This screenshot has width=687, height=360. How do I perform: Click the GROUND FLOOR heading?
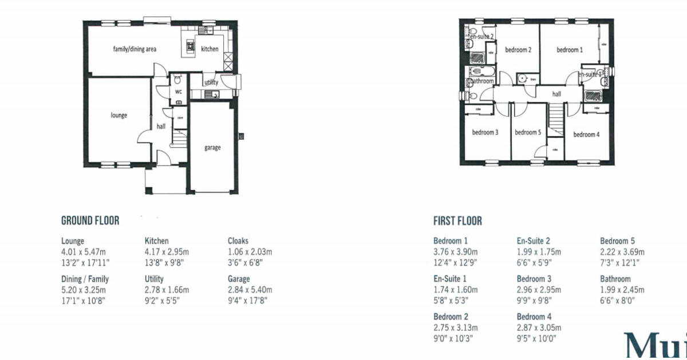(x=90, y=220)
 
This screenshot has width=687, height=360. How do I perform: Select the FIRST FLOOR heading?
(x=457, y=221)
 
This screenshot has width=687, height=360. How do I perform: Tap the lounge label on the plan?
(x=119, y=115)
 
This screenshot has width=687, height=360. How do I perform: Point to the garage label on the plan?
(x=212, y=147)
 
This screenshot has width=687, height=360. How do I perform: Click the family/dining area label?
(x=135, y=49)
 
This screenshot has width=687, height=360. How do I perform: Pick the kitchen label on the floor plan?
(x=210, y=49)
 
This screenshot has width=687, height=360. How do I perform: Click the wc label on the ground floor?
(x=179, y=92)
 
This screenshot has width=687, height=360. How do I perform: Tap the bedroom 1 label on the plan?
(x=570, y=50)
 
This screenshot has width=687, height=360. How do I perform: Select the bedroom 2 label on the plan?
(x=518, y=50)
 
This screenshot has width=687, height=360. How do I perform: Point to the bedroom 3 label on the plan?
(x=485, y=132)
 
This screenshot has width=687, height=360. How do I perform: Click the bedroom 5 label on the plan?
(x=527, y=132)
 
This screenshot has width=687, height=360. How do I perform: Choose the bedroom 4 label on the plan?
(x=586, y=134)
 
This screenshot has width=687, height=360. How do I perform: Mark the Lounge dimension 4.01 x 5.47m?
(x=84, y=252)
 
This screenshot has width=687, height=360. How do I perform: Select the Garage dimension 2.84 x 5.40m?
(x=250, y=290)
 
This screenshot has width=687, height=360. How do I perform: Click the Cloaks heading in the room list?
(x=238, y=241)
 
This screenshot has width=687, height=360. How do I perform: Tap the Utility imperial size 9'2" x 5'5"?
(x=164, y=300)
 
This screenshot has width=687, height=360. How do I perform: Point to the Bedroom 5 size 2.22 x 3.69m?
(x=622, y=252)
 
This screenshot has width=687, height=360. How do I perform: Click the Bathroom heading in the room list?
(x=615, y=279)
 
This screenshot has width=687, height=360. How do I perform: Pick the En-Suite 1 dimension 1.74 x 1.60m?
(x=455, y=290)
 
